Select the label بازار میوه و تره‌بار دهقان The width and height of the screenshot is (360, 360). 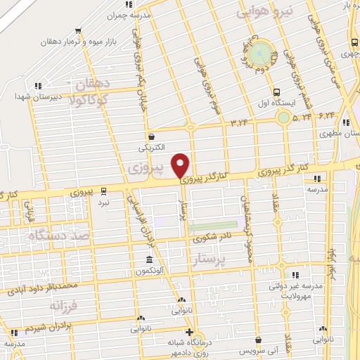[113, 41]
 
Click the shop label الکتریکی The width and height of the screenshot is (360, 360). [153, 148]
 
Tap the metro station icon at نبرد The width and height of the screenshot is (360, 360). [104, 190]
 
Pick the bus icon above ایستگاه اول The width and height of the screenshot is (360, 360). [276, 91]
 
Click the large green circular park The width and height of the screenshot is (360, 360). [260, 51]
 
